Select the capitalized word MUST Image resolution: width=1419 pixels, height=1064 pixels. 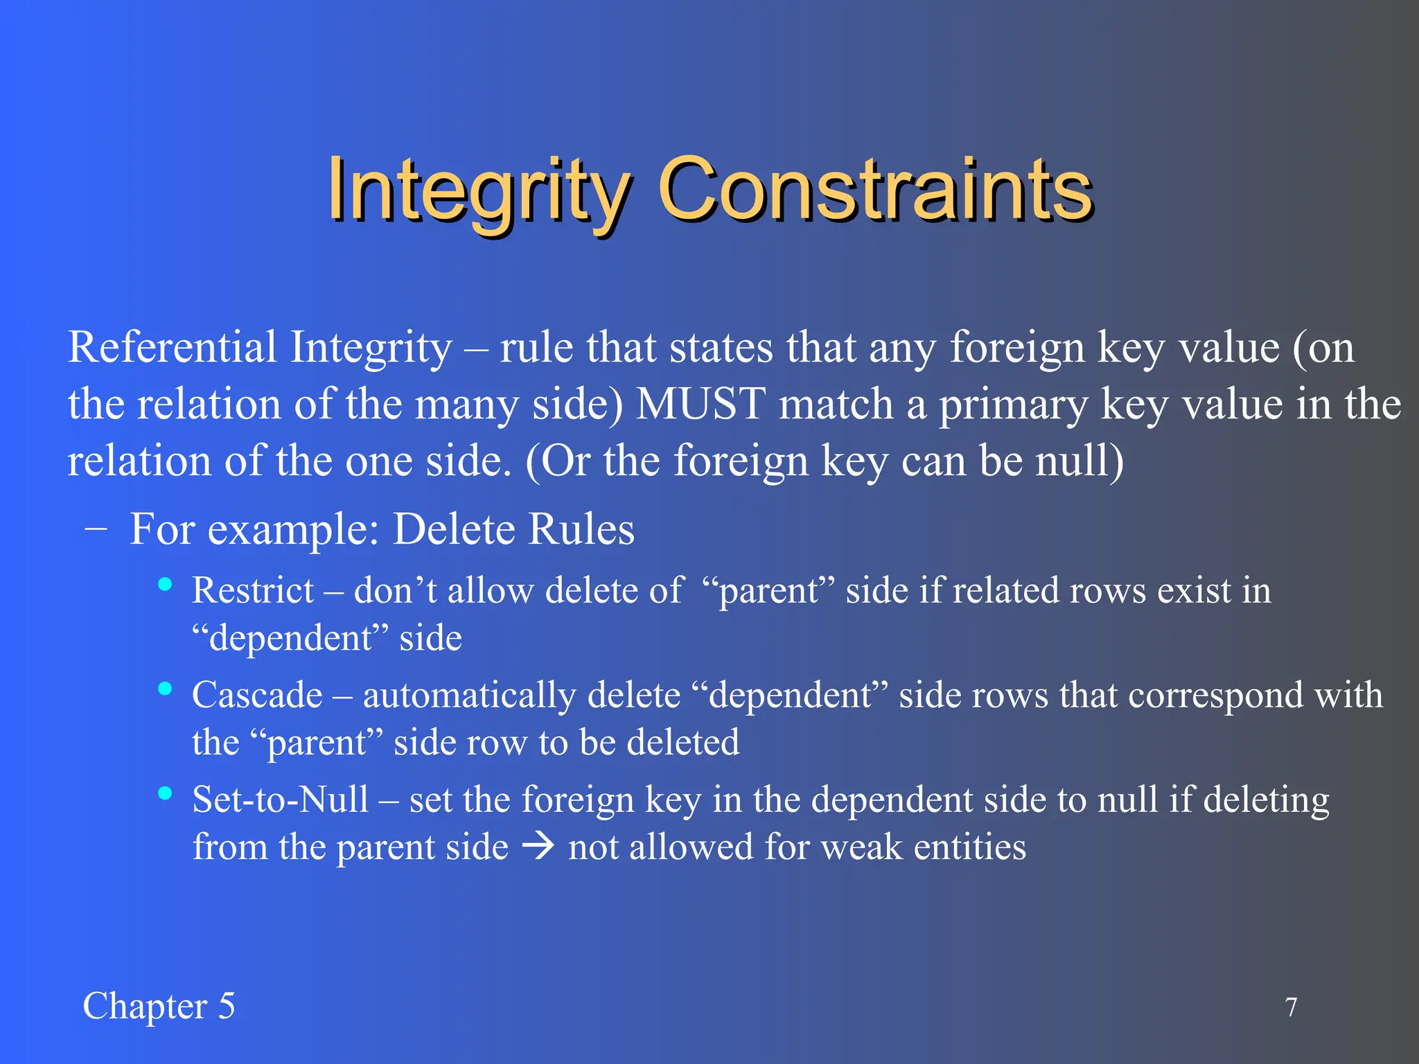[x=700, y=405]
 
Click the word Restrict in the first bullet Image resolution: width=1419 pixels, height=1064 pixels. [x=253, y=591]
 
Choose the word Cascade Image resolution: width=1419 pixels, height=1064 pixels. [x=257, y=695]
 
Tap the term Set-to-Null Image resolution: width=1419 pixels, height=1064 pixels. [x=280, y=799]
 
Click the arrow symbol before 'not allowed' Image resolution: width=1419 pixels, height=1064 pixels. [x=538, y=846]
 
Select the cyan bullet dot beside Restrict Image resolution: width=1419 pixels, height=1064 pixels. [x=165, y=585]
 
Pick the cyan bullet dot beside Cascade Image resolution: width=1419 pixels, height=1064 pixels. [x=165, y=689]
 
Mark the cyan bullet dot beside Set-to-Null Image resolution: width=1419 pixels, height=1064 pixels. [x=165, y=793]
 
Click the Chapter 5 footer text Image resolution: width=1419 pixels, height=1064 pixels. [x=159, y=1007]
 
